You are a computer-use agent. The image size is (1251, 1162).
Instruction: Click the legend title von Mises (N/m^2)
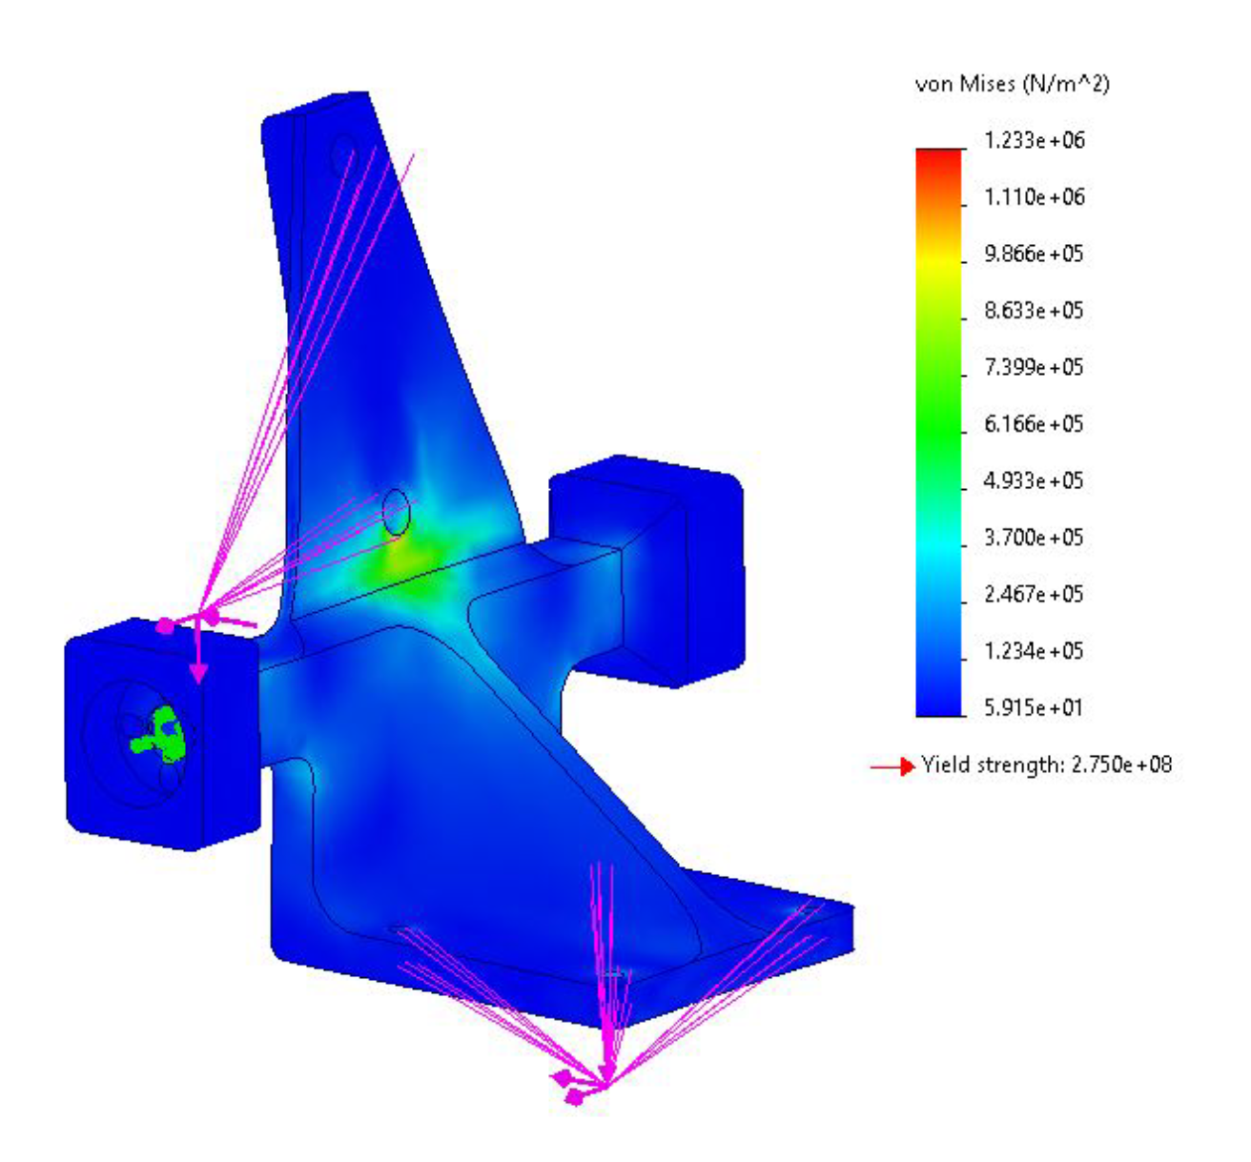[x=1013, y=84]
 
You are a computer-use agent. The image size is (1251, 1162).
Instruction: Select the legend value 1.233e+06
[x=1035, y=140]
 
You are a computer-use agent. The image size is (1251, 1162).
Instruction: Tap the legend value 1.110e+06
[x=1035, y=197]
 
